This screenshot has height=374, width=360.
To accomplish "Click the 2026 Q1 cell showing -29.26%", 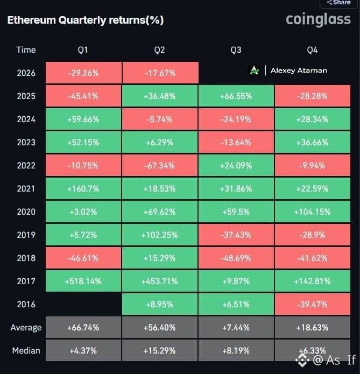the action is [83, 73].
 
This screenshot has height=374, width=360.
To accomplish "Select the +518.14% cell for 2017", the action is [83, 281].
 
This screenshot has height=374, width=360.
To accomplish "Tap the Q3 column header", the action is [236, 50].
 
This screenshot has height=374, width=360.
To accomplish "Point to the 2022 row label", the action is [26, 165].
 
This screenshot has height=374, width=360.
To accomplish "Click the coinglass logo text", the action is [318, 19].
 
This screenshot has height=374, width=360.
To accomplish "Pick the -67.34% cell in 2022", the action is [160, 165].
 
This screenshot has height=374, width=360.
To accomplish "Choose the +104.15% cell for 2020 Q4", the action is [313, 211].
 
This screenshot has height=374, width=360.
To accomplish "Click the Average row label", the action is [26, 328].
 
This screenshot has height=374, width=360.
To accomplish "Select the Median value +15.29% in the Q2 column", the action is [160, 350].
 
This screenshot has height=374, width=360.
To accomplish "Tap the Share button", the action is [339, 3].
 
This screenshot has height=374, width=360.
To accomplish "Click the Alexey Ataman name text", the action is [299, 70].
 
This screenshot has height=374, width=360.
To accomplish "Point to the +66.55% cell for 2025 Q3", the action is [236, 96].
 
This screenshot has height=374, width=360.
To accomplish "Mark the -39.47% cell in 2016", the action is [313, 304].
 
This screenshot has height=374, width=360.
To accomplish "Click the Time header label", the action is [26, 50].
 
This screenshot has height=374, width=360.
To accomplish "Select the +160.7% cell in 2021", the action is [83, 188].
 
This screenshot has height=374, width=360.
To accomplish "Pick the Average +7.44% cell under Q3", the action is [236, 327].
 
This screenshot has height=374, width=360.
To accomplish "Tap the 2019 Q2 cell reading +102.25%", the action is [160, 235].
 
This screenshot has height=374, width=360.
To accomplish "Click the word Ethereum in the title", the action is [32, 20].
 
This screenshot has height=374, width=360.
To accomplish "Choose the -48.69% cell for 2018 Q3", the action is [236, 258].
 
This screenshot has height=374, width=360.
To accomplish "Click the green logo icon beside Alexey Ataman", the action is [255, 70].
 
